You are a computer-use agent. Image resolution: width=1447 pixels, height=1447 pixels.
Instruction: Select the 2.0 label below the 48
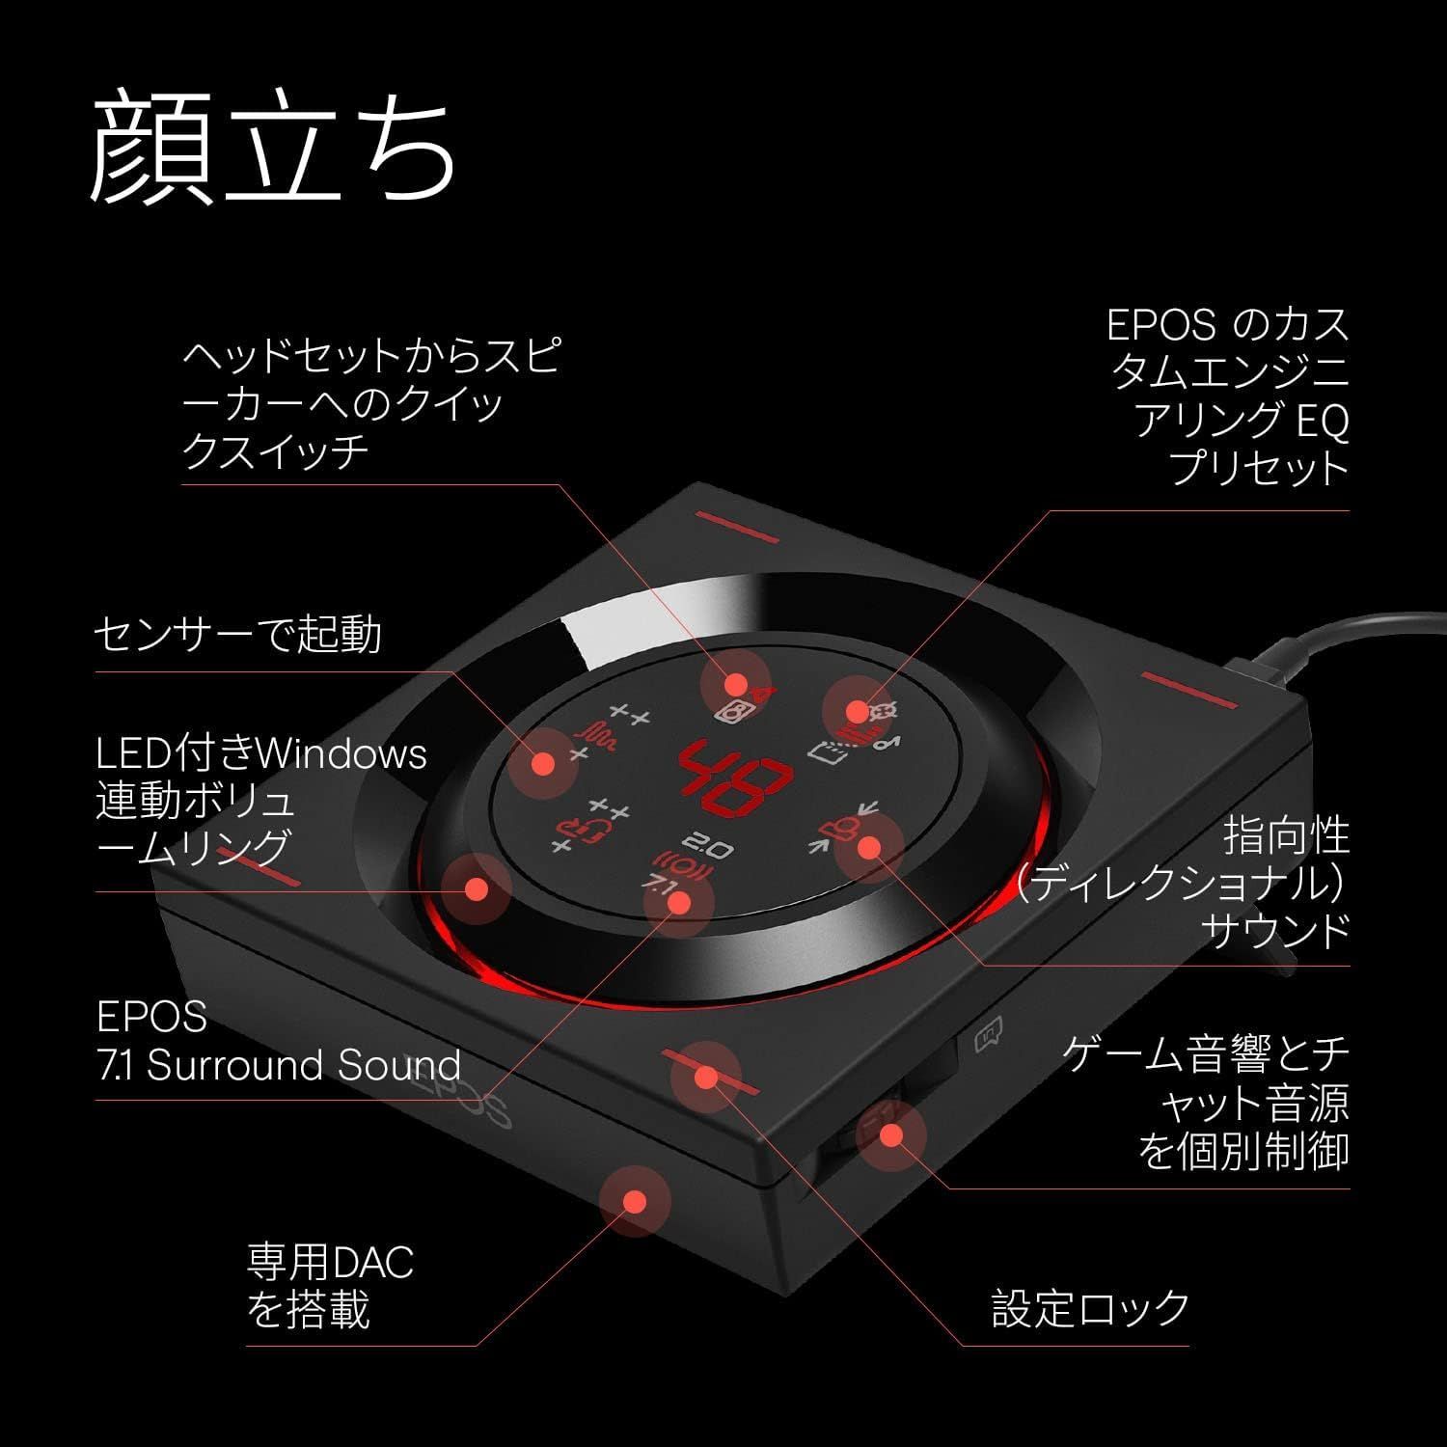713,848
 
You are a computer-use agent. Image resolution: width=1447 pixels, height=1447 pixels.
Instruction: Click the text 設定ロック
1090,1308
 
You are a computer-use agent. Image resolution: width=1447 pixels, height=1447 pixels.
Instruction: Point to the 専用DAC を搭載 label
328,1286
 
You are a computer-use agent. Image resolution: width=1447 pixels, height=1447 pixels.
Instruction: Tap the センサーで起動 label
237,634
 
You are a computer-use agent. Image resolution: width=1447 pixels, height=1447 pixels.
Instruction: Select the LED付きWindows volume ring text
260,800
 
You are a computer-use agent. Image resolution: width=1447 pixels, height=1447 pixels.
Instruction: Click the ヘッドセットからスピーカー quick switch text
371,404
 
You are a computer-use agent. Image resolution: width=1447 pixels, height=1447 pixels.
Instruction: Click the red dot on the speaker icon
736,684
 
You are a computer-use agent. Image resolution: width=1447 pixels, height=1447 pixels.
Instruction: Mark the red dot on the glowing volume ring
475,888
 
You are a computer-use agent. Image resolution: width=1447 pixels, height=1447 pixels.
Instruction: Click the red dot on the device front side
634,1201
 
